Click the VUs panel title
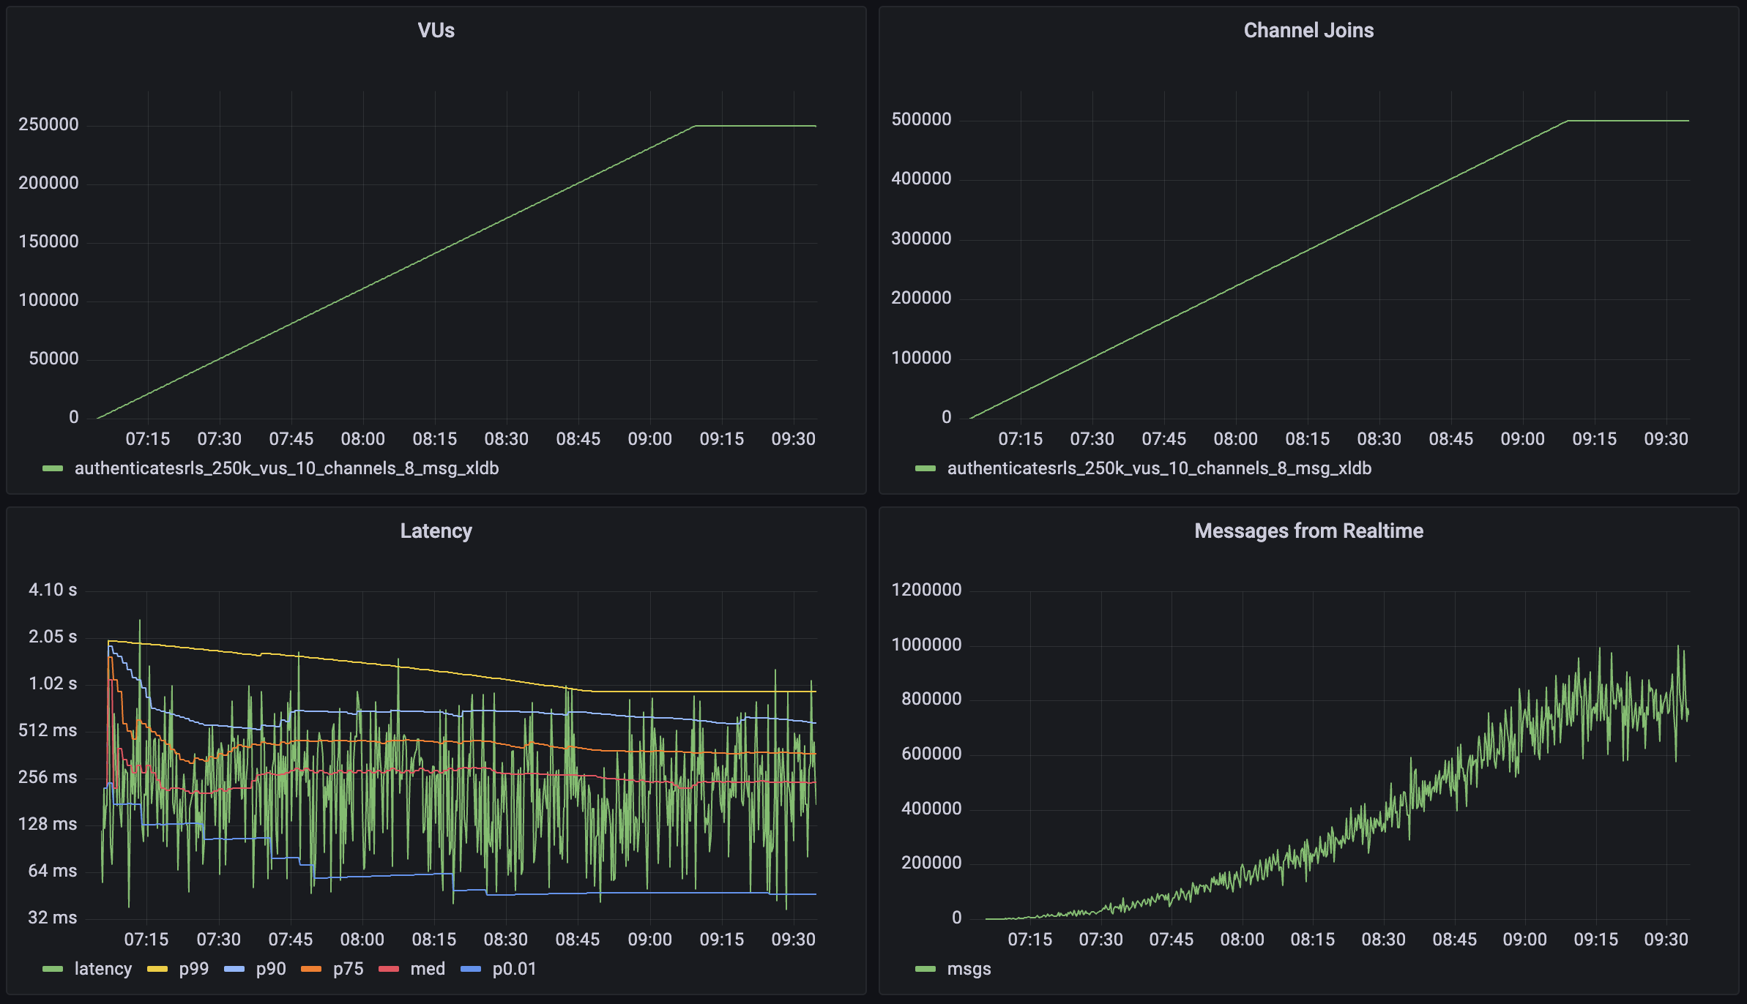[436, 31]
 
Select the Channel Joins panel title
[1308, 31]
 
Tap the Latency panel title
[436, 531]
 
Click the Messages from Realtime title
[1308, 531]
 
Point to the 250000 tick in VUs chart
[48, 124]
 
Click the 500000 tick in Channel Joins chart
[921, 119]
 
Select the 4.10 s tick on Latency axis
[53, 590]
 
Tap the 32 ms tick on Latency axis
[53, 918]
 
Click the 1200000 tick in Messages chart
[926, 590]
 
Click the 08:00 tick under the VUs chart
[362, 439]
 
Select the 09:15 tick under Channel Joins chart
[1594, 439]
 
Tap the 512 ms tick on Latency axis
[48, 730]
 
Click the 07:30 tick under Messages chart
[1100, 940]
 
